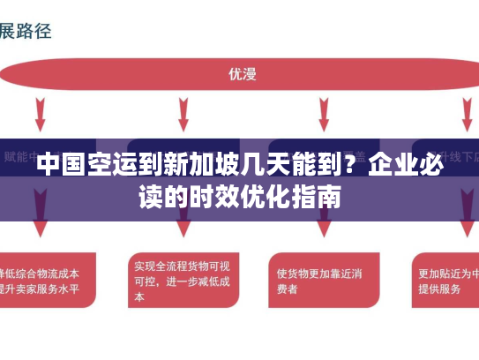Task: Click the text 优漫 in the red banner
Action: [x=242, y=75]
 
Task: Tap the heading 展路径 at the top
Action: [x=26, y=31]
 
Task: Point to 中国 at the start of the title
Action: [x=59, y=164]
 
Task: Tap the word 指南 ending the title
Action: [x=318, y=195]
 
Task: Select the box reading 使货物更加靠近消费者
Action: [x=318, y=280]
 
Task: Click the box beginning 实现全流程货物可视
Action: [x=182, y=281]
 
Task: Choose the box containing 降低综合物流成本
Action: [x=44, y=281]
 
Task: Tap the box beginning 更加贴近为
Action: [x=445, y=281]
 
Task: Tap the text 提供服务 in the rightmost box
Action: [x=438, y=289]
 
